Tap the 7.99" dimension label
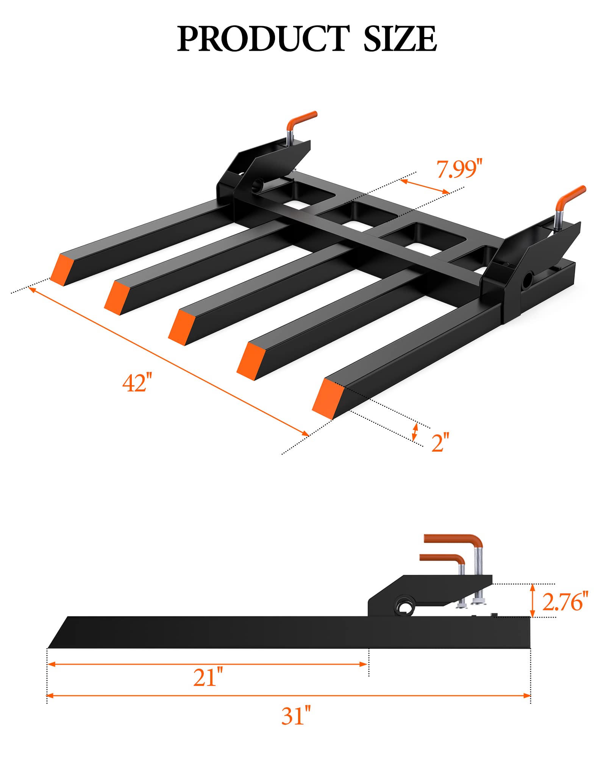(459, 169)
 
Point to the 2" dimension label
(440, 442)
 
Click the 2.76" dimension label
(565, 601)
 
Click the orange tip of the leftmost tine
(61, 269)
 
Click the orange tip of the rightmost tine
(326, 399)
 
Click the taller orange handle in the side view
(454, 539)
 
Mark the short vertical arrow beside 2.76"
(533, 601)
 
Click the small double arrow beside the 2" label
(415, 432)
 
